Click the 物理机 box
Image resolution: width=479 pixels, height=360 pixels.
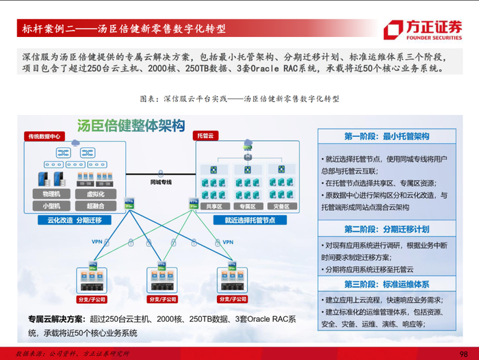(x=51, y=194)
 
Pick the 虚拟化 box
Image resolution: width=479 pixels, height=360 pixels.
(x=95, y=194)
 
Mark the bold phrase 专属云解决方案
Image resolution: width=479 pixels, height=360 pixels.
(x=56, y=319)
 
